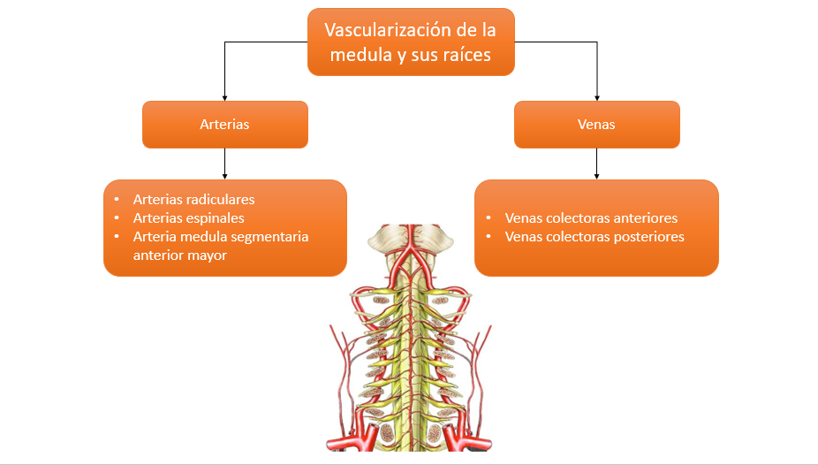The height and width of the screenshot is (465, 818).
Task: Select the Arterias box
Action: (x=224, y=124)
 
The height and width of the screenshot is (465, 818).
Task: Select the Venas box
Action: (x=596, y=124)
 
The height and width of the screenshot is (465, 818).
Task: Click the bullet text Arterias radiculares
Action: (x=193, y=200)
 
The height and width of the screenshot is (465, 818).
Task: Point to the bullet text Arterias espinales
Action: (x=188, y=217)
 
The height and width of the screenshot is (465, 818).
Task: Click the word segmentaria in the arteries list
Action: (x=267, y=237)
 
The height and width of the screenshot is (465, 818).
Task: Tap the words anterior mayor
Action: (x=179, y=255)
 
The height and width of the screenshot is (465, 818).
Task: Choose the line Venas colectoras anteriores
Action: (x=591, y=217)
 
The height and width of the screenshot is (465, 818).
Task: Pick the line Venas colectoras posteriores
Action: (x=595, y=237)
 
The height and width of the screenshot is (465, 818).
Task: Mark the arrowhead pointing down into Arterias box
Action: (x=224, y=96)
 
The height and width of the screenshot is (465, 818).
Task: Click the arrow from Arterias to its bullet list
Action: (x=224, y=164)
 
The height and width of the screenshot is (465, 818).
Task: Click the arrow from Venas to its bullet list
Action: (x=597, y=164)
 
